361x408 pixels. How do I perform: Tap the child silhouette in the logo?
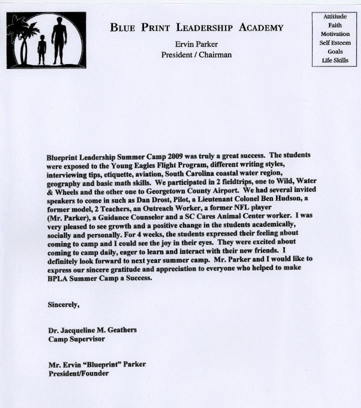pos(41,48)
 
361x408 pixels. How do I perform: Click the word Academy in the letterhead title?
pos(260,28)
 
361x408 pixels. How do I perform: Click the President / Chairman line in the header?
pos(196,54)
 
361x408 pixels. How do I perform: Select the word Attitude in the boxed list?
pos(334,16)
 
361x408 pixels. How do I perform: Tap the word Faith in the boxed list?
pos(335,25)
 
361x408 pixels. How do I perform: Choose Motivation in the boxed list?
pos(335,34)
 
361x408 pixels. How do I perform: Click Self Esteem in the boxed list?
pos(335,42)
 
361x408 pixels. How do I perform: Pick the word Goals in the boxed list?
pos(335,51)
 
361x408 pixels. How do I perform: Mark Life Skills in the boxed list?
pos(335,60)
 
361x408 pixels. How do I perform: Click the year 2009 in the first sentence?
pos(178,155)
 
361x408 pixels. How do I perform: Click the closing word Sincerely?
pos(63,303)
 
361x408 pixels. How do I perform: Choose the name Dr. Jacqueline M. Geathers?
pos(92,330)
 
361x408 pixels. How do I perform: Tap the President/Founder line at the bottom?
pos(78,373)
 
